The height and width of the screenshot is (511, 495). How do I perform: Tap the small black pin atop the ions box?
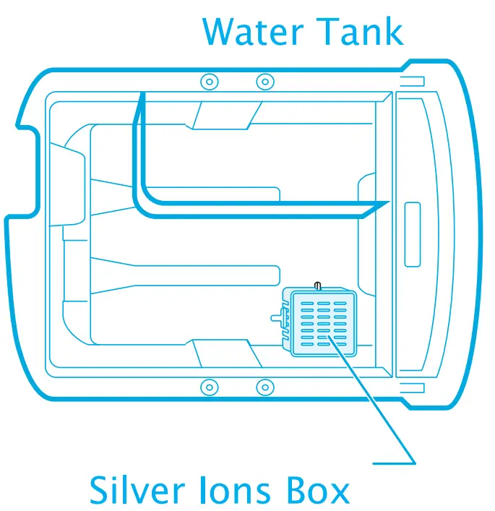[x=316, y=287]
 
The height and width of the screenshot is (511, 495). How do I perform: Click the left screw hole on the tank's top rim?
[x=208, y=80]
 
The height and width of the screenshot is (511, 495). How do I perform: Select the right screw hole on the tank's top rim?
[x=264, y=80]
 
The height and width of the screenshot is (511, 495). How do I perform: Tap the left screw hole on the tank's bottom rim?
[x=208, y=387]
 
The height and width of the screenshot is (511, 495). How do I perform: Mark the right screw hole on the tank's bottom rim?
[x=264, y=387]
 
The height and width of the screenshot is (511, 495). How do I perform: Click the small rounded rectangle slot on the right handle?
[x=413, y=233]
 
